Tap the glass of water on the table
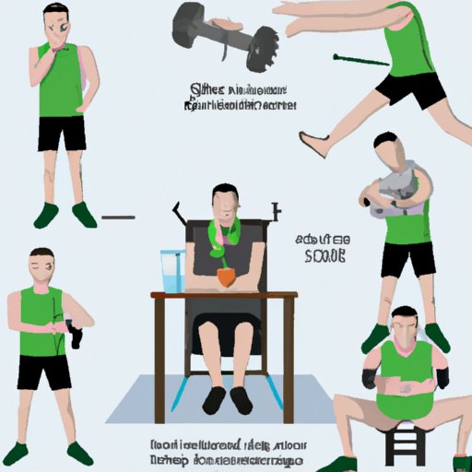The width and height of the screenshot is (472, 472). click(170, 271)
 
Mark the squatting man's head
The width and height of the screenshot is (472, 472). click(403, 324)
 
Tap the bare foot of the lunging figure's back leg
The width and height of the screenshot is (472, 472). click(313, 144)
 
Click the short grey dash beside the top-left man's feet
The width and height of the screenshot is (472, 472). click(118, 218)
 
